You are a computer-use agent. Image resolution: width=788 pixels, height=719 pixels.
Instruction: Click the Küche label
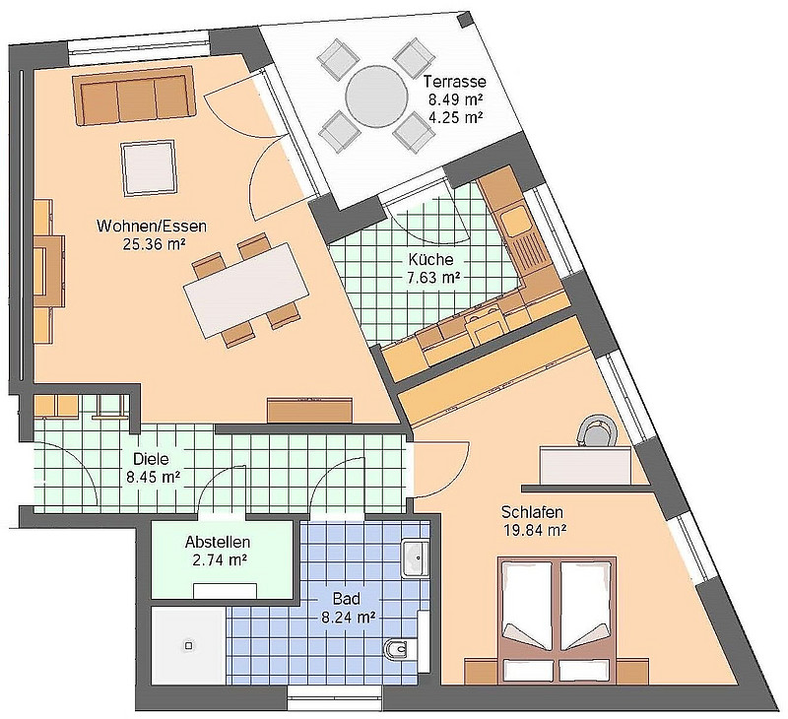click(x=430, y=260)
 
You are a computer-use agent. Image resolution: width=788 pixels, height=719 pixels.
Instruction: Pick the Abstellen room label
click(x=217, y=542)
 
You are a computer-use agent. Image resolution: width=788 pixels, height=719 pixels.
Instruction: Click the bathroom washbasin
click(x=416, y=558)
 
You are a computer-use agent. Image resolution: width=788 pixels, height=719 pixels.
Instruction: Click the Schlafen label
click(x=532, y=514)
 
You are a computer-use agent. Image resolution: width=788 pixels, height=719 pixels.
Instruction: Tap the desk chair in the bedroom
click(x=597, y=429)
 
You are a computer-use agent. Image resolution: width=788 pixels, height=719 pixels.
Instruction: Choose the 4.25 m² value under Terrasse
click(x=455, y=116)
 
